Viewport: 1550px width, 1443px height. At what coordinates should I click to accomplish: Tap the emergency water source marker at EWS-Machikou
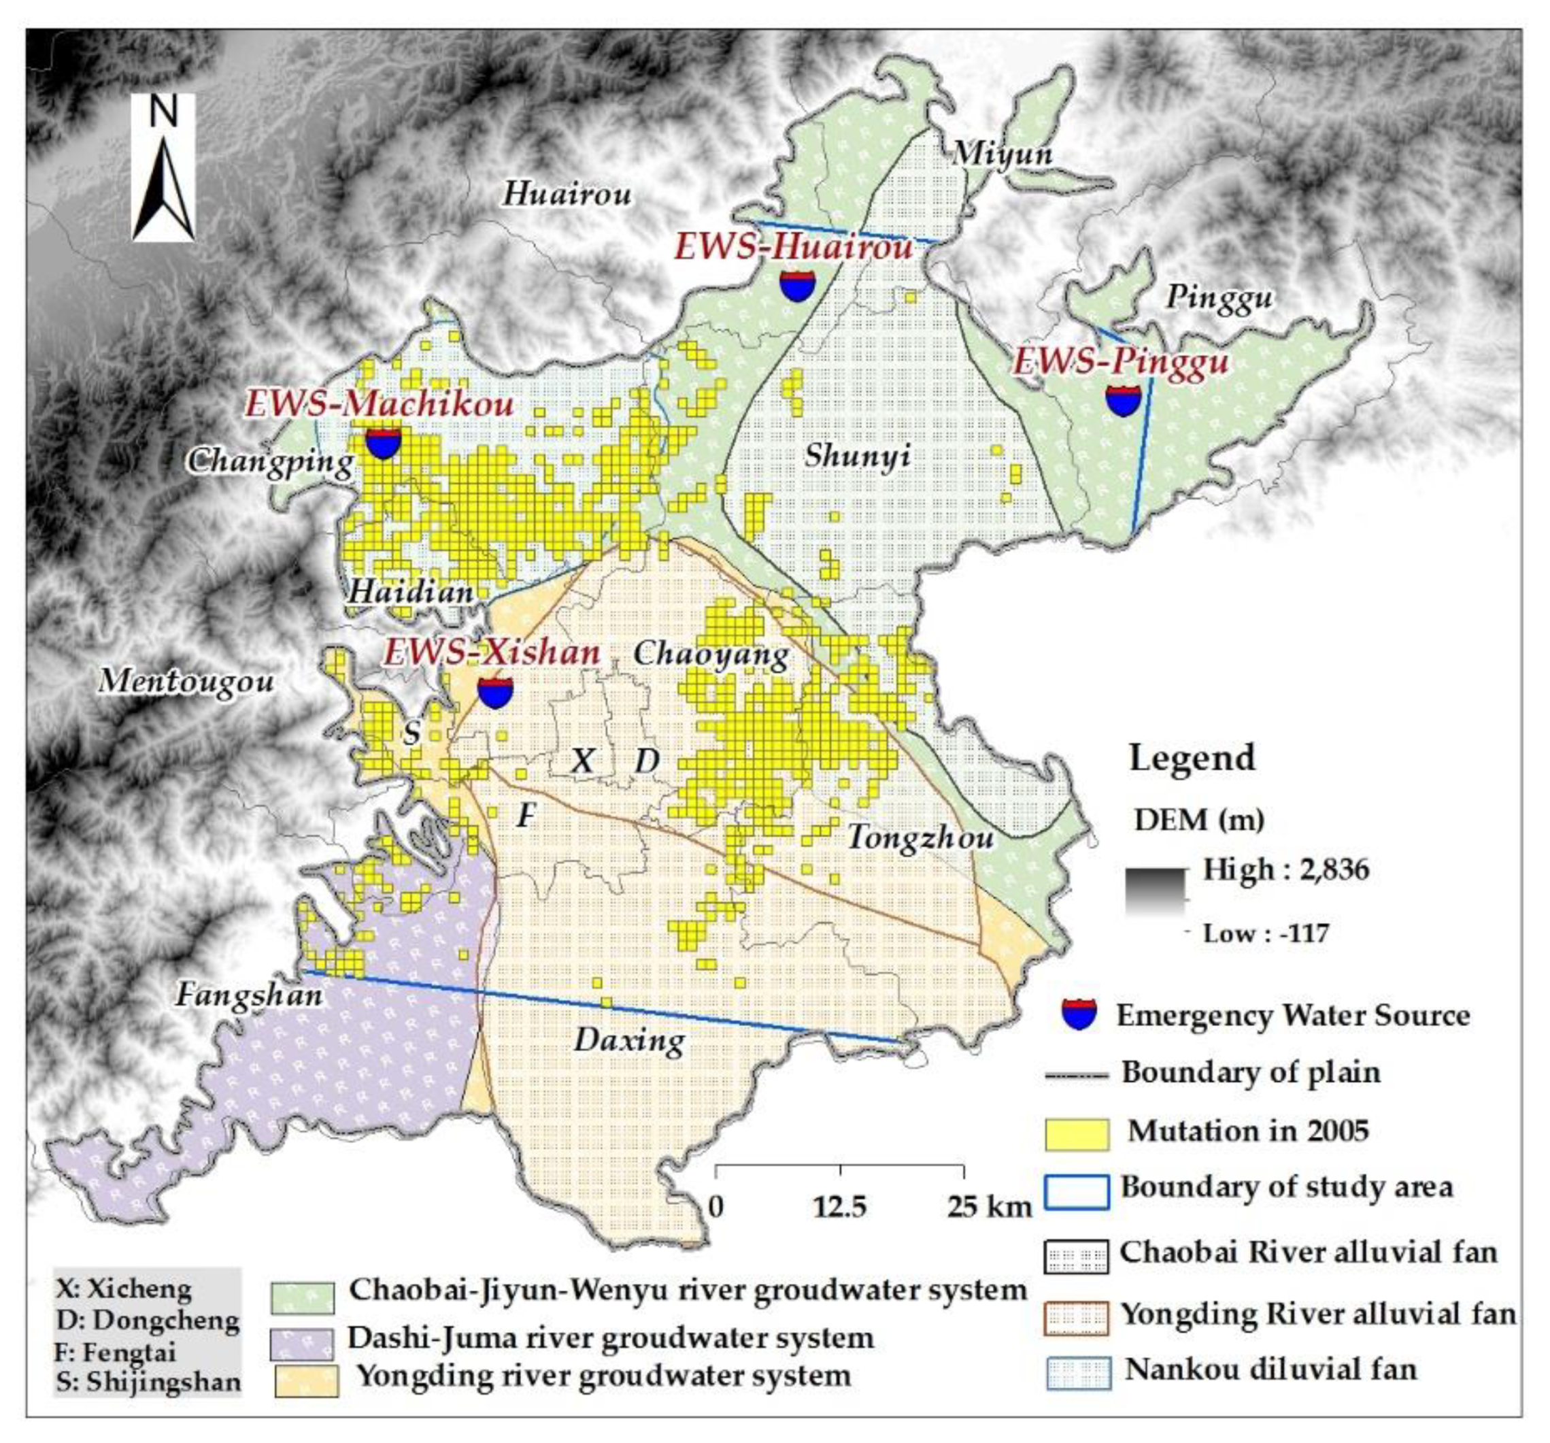point(383,443)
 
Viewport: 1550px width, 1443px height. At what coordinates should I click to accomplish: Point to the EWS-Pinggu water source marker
point(1123,399)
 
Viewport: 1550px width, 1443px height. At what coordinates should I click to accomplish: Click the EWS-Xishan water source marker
point(495,692)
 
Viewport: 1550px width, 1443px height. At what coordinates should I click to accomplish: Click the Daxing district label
point(630,1040)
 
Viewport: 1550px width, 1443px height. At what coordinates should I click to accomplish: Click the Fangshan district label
point(249,995)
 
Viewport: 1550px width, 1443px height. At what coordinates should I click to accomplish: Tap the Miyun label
point(1003,154)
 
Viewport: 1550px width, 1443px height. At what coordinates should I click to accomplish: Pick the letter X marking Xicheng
point(582,761)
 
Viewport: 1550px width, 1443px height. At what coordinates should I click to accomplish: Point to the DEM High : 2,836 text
point(1285,869)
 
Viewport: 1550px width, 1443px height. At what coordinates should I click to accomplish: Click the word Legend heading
point(1192,757)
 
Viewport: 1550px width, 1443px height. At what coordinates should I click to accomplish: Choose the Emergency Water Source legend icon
point(1079,1014)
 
